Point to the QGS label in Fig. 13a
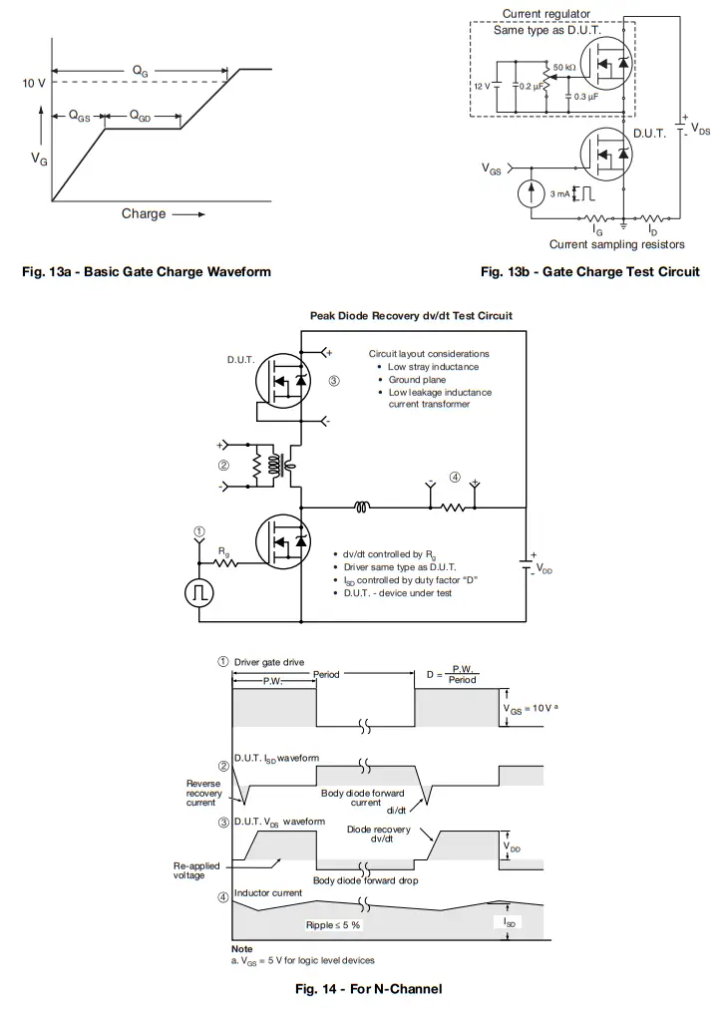[x=79, y=117]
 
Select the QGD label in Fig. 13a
[x=141, y=117]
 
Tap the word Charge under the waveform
[x=144, y=213]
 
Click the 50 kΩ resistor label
[x=563, y=68]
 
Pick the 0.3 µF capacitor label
[x=586, y=97]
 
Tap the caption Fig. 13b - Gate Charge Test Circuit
[x=589, y=271]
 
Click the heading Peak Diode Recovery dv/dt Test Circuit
[x=411, y=316]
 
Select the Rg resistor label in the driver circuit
[x=223, y=550]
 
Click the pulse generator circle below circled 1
[x=199, y=592]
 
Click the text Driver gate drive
[x=269, y=662]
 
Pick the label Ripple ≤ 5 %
[x=333, y=925]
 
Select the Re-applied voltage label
[x=195, y=870]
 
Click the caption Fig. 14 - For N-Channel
[x=368, y=989]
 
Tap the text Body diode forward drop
[x=365, y=880]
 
